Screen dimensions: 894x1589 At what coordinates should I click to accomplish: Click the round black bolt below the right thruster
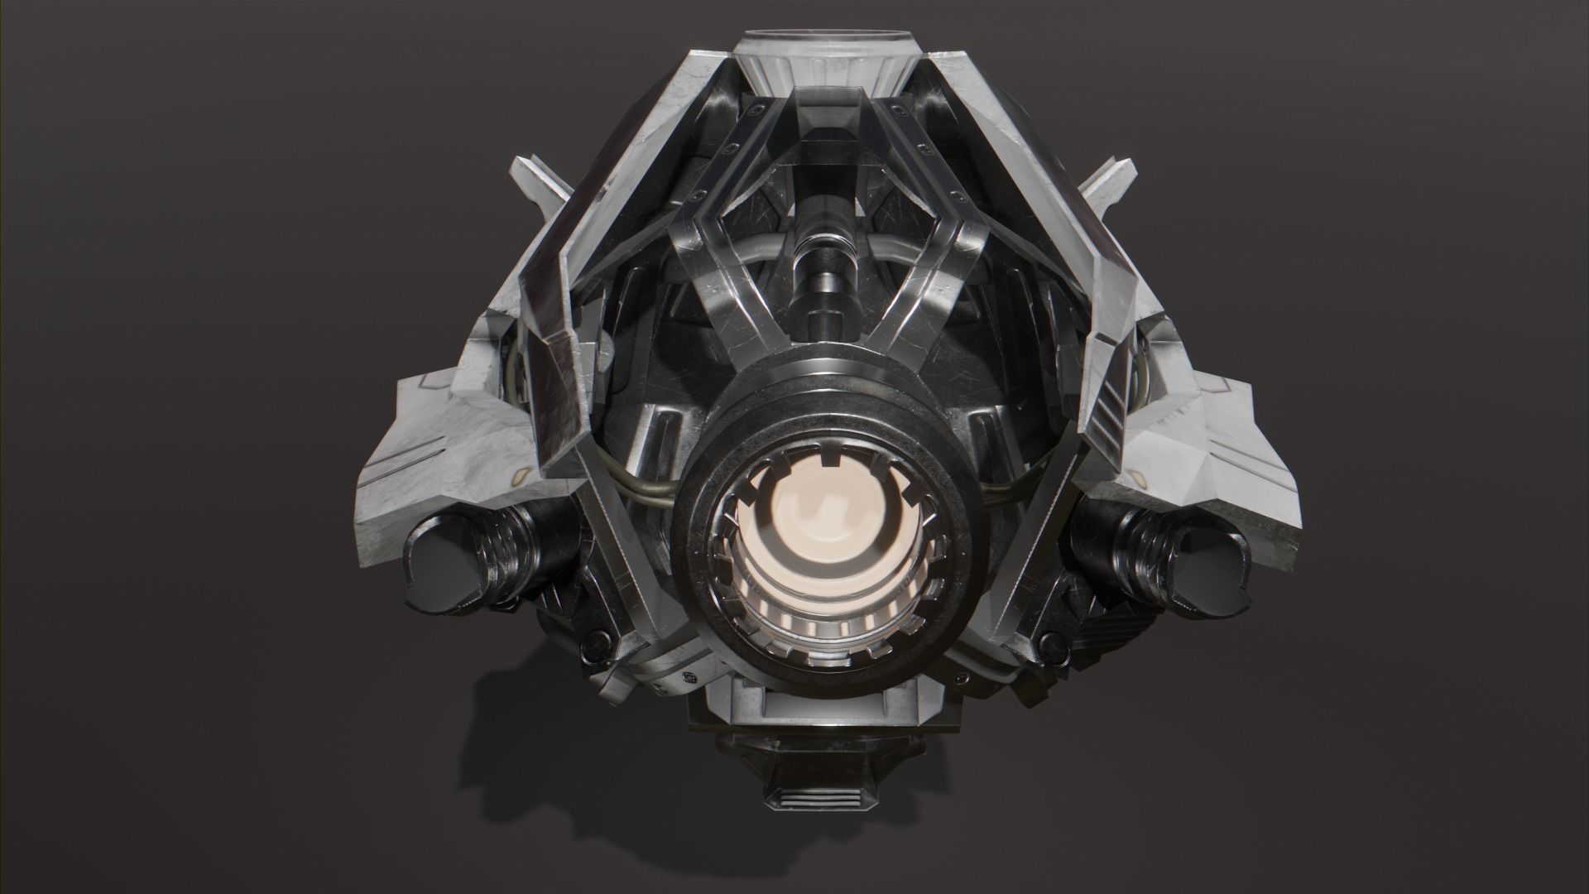tap(1049, 642)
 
